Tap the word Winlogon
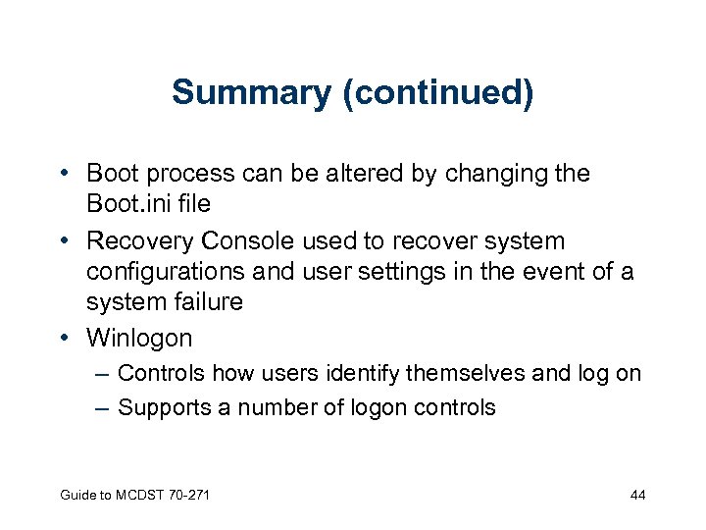139,339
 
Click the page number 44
637,495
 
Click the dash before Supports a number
103,407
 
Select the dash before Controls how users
103,374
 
